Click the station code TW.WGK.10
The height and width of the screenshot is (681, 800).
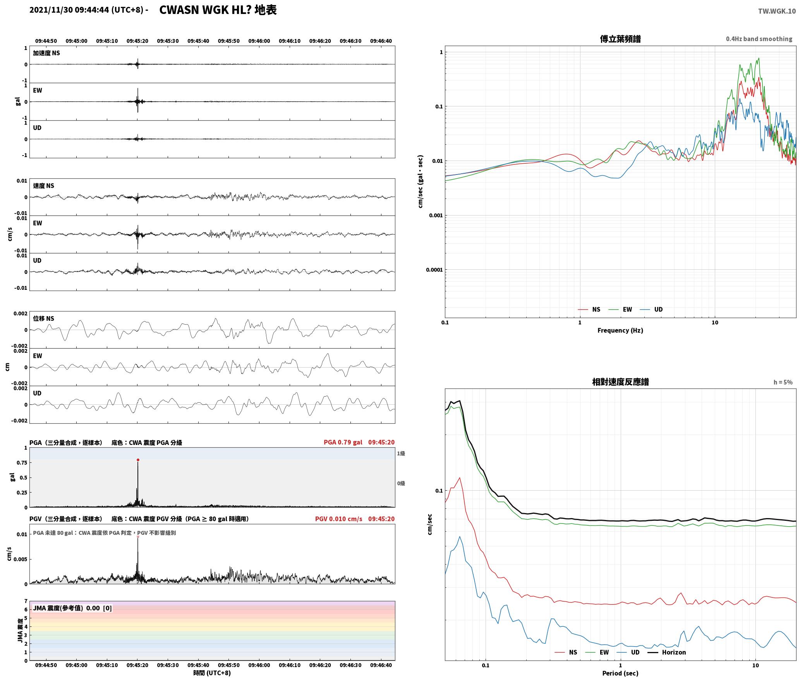click(777, 11)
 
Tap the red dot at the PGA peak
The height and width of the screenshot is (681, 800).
click(138, 460)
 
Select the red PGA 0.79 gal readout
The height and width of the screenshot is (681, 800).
click(343, 442)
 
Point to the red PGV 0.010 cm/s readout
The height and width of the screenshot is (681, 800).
click(339, 519)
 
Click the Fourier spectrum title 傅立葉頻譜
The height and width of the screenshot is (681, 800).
click(620, 39)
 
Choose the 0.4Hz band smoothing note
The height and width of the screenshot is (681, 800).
click(759, 39)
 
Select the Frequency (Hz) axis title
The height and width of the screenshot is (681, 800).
click(620, 330)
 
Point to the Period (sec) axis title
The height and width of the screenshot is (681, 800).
click(620, 673)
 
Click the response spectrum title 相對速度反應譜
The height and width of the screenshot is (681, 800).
click(620, 382)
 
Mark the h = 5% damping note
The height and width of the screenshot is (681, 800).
click(783, 382)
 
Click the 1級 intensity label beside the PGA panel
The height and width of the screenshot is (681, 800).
click(401, 453)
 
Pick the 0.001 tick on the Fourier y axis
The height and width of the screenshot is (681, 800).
click(436, 216)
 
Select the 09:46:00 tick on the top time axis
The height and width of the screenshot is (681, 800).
click(259, 41)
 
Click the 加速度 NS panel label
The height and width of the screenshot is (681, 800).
click(46, 53)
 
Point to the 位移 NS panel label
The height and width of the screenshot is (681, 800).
click(43, 318)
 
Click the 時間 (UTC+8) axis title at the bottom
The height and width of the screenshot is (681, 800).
click(212, 673)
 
